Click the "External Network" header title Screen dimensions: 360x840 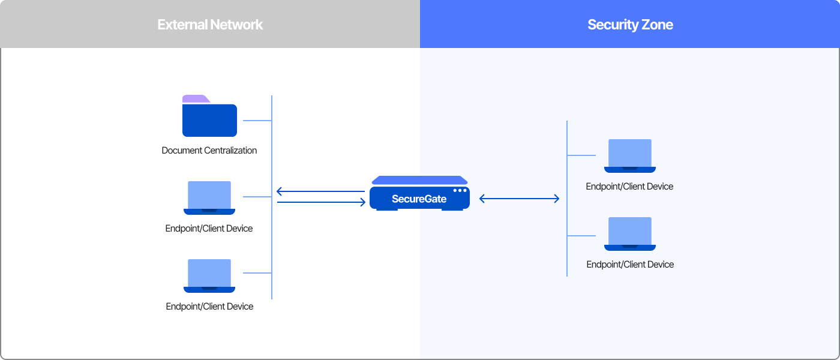210,25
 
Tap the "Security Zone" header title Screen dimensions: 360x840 630,25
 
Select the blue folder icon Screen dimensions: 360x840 209,119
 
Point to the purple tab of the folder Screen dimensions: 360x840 195,99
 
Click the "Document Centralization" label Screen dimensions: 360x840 209,151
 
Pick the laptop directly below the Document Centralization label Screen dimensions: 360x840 209,197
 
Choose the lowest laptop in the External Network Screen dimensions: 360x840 209,275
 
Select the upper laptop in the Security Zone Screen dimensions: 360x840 630,155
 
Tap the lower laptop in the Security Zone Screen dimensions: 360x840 630,233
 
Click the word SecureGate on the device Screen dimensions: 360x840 419,199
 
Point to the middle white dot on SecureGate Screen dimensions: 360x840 460,190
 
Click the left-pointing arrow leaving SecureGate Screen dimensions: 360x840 320,192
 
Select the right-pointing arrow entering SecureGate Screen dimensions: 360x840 322,202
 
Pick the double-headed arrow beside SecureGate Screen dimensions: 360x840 520,199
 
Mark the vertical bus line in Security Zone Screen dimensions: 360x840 567,198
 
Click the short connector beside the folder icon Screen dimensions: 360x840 257,121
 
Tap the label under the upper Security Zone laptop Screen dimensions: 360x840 630,187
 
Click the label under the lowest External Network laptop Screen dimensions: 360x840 209,307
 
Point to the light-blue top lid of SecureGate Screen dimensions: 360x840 419,180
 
